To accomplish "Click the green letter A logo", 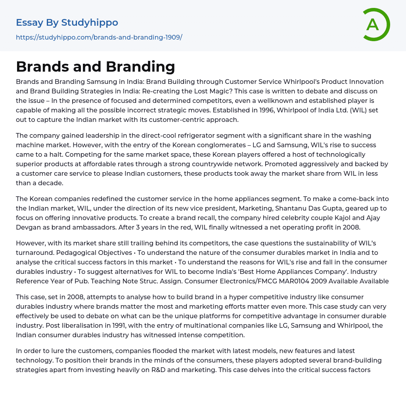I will click(373, 25).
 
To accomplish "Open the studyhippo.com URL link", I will click(99, 37).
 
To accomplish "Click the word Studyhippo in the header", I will click(90, 23).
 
